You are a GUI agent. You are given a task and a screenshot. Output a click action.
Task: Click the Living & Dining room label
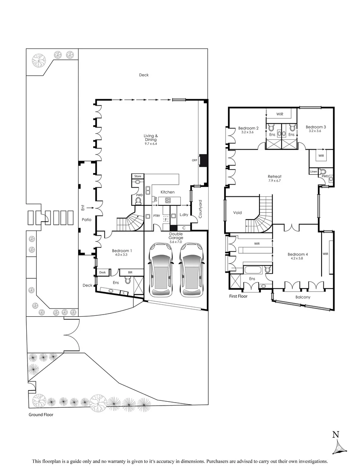tap(151, 138)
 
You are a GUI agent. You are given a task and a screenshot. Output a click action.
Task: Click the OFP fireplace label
tap(194, 161)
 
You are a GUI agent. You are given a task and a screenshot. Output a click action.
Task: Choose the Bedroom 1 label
tap(122, 251)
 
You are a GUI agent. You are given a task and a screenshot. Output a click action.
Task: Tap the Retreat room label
tap(275, 176)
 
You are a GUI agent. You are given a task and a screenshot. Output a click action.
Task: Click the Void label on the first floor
tap(238, 213)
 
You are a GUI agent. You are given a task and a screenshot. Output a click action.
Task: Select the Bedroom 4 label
tap(297, 255)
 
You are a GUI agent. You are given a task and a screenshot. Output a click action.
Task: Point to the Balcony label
tap(303, 297)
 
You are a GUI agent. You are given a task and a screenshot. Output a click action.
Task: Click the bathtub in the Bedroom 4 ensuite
tap(253, 270)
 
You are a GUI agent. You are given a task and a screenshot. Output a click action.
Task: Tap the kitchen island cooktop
tap(168, 200)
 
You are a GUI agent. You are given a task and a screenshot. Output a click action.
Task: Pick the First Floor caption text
tap(238, 296)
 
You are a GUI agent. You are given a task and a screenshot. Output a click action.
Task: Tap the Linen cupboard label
tap(313, 172)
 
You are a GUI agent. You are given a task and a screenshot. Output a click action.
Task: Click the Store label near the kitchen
tap(138, 176)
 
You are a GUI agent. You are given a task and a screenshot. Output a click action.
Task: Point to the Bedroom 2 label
tap(248, 128)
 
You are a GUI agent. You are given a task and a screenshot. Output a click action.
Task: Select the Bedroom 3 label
tap(316, 127)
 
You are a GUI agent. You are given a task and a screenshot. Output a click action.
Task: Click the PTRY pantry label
tap(156, 215)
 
